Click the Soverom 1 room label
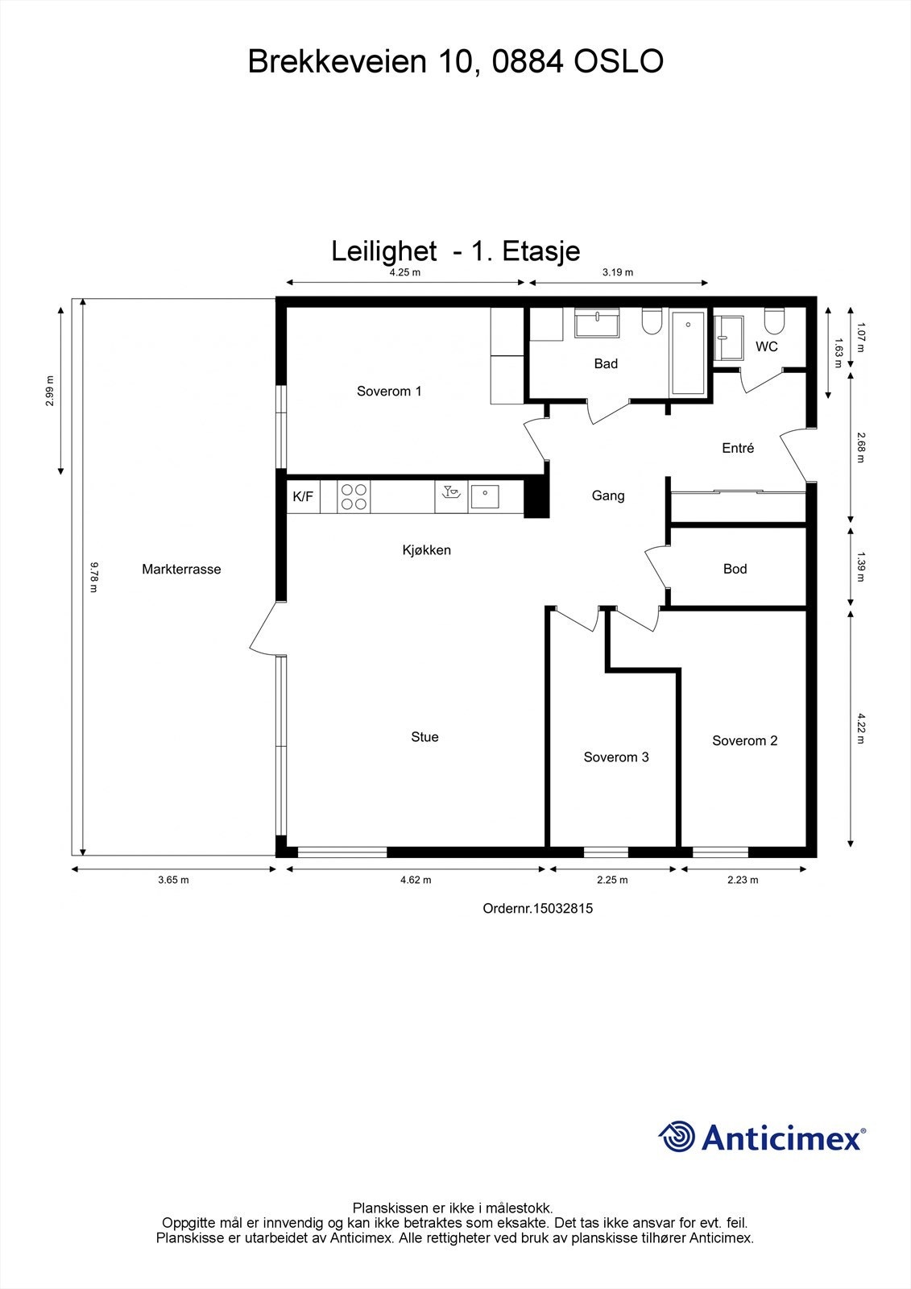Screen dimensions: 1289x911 [x=389, y=392]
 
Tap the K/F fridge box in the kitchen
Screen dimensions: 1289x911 [x=303, y=497]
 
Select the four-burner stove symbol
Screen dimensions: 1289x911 [x=354, y=496]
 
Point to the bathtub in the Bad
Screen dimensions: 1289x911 [x=687, y=353]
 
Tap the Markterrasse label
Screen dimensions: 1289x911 [x=181, y=570]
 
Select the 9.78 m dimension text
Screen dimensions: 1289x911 [x=93, y=577]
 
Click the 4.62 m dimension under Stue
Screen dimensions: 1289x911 [x=416, y=880]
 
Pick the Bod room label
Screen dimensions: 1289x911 [x=735, y=569]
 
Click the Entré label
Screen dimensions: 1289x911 [x=738, y=449]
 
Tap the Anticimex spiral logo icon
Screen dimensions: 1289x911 [x=677, y=1137]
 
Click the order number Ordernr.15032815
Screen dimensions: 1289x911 [x=537, y=908]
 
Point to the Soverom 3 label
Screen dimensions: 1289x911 [x=616, y=757]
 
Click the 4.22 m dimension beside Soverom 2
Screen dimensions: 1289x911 [x=860, y=728]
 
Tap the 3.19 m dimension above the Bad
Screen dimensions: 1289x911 [x=618, y=272]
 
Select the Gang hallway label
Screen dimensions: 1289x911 [x=608, y=496]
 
